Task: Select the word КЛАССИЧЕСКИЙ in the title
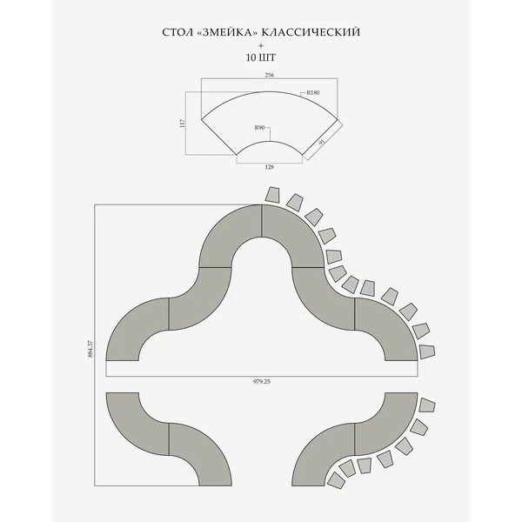point(309,33)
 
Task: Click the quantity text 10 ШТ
point(260,58)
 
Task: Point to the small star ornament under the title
point(260,45)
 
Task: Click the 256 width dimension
point(269,76)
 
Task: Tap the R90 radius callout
point(259,128)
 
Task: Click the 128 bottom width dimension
point(270,166)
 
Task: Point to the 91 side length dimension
point(322,143)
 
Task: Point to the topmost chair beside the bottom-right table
point(429,405)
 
